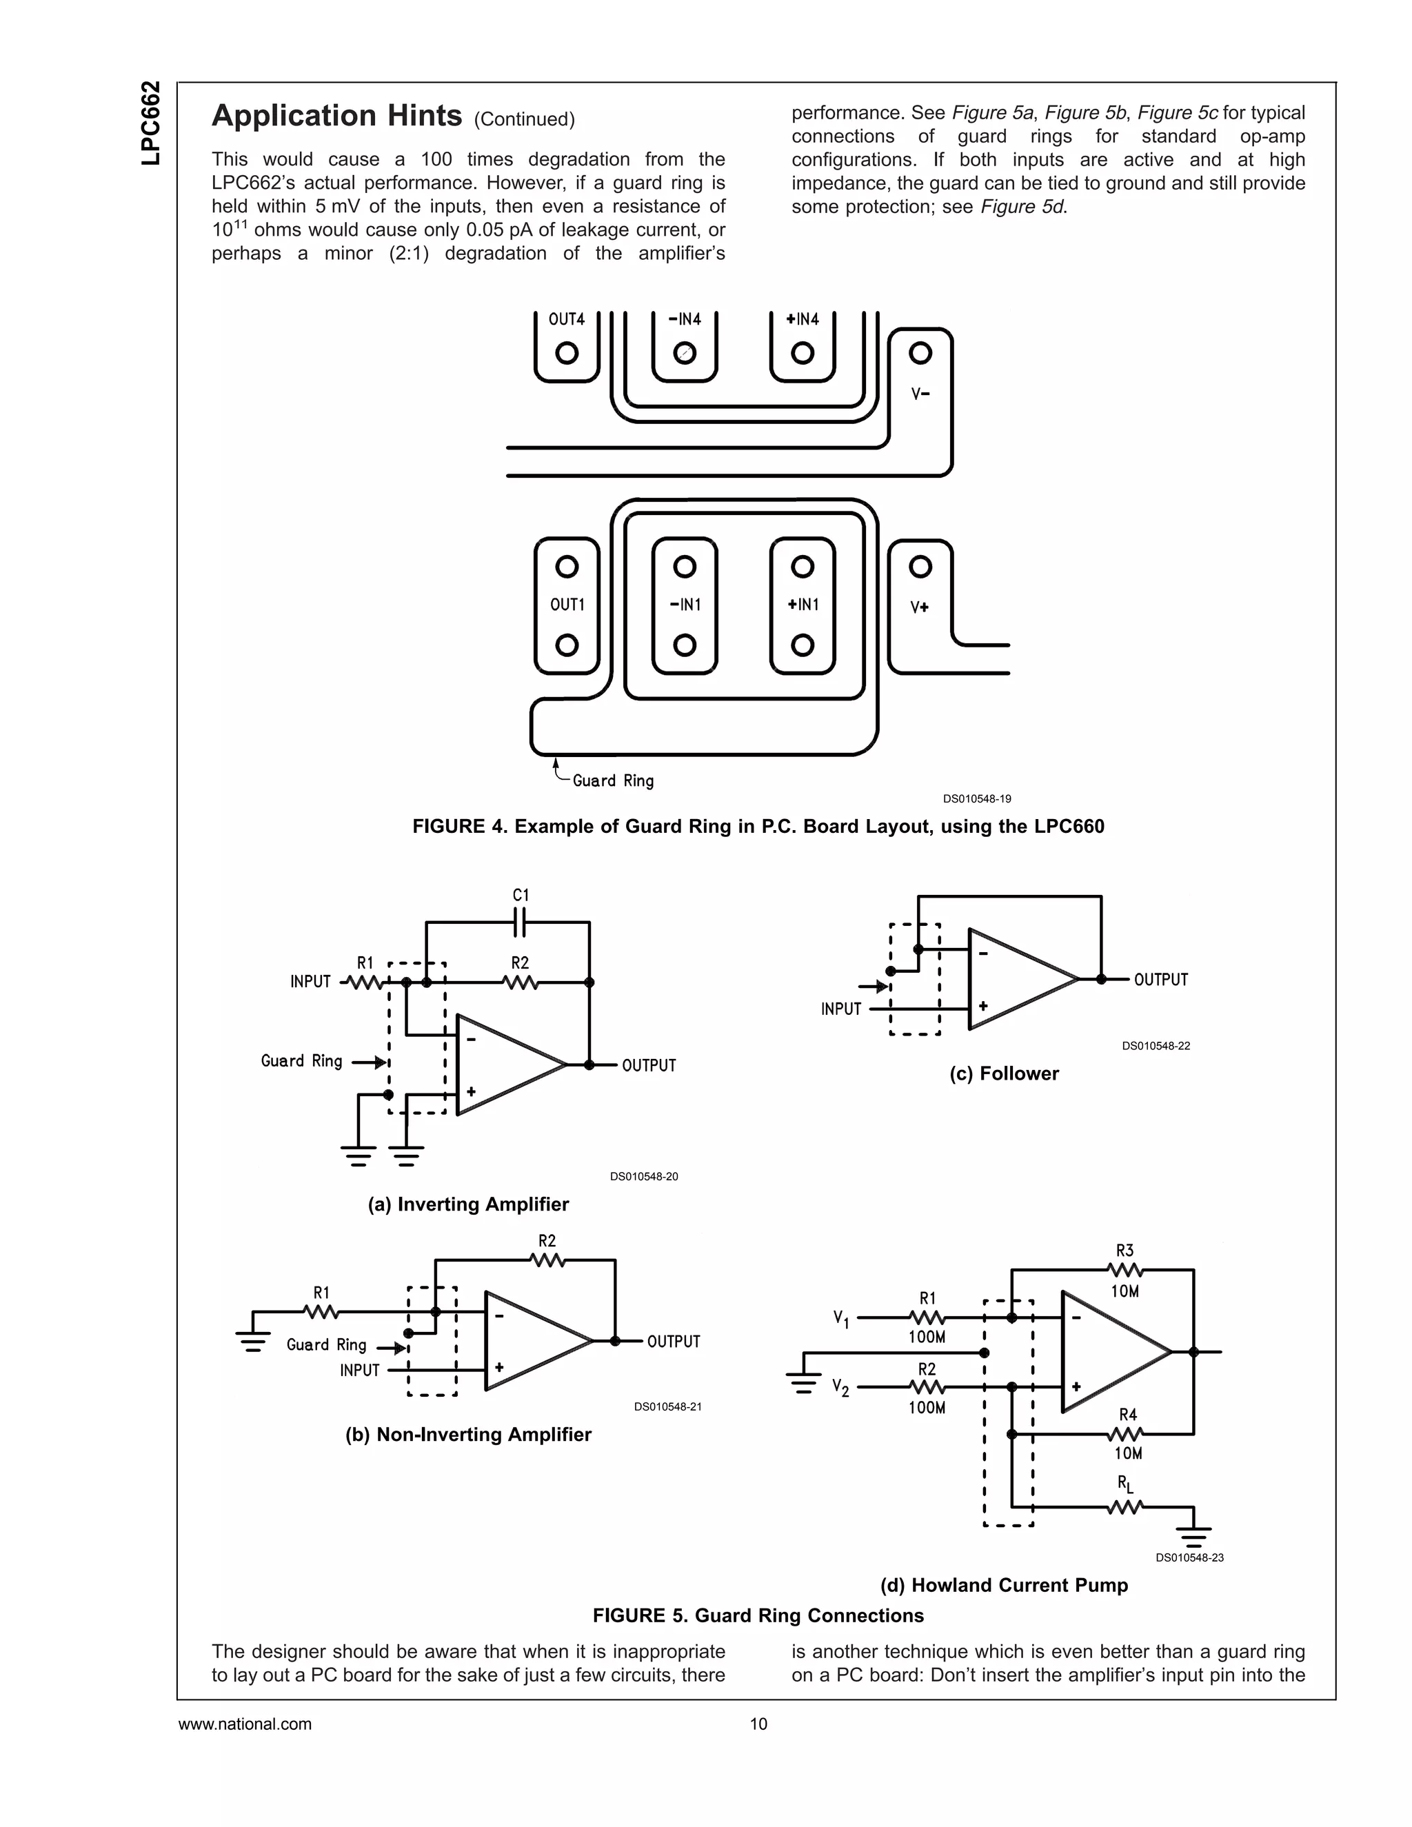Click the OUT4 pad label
(x=566, y=320)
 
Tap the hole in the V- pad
(x=920, y=352)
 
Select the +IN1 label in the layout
(x=803, y=605)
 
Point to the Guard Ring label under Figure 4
(x=613, y=780)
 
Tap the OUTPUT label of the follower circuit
(x=1160, y=980)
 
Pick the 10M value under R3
(x=1124, y=1291)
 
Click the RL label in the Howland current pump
(x=1125, y=1485)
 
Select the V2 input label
(x=840, y=1388)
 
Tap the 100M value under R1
(x=927, y=1337)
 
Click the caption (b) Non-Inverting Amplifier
(x=468, y=1435)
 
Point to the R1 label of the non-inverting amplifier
(x=321, y=1293)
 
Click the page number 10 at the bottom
(x=758, y=1724)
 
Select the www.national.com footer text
(x=245, y=1724)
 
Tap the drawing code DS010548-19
(x=977, y=799)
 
